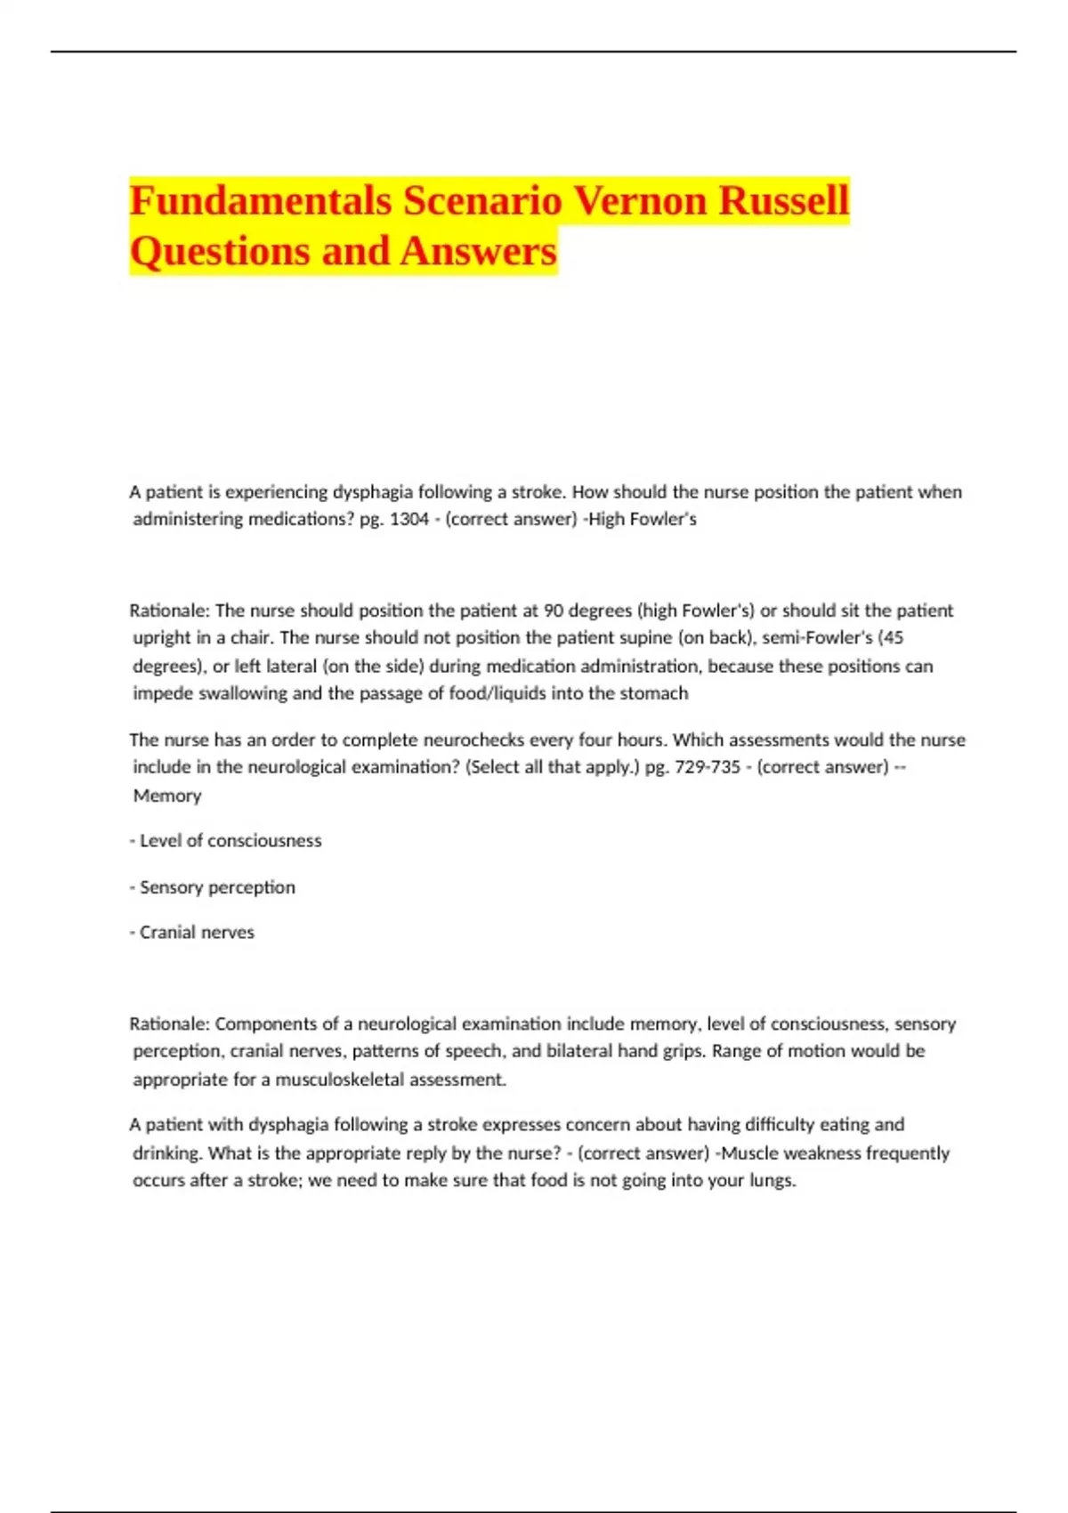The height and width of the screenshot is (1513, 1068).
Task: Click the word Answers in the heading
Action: [x=478, y=252]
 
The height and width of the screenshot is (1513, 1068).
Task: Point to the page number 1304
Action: [x=409, y=519]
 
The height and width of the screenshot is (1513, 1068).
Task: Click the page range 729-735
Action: [x=708, y=767]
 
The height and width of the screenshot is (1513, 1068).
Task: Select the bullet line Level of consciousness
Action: [x=230, y=841]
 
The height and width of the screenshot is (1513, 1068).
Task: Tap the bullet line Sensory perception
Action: [x=216, y=887]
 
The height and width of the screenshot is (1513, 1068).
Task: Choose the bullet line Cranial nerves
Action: [x=196, y=933]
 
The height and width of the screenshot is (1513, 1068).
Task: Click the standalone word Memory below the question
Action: [x=167, y=796]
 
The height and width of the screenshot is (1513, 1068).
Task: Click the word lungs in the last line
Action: [x=772, y=1181]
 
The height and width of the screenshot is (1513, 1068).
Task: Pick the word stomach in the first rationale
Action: [x=654, y=693]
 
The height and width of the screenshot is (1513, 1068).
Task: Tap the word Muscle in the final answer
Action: [x=749, y=1153]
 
